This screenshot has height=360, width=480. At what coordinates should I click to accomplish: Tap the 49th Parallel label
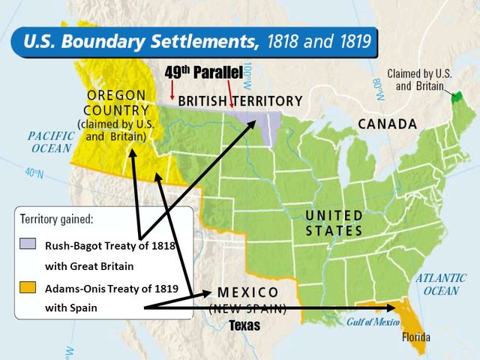[202, 73]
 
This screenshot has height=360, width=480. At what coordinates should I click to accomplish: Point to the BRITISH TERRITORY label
[241, 100]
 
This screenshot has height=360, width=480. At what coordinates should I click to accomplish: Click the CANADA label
[386, 124]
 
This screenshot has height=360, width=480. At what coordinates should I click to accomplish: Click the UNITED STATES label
[334, 223]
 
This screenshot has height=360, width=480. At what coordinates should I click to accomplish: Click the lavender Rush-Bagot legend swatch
[25, 244]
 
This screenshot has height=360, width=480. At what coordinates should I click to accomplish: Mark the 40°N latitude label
[34, 173]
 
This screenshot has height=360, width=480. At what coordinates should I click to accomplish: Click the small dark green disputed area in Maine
[457, 95]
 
